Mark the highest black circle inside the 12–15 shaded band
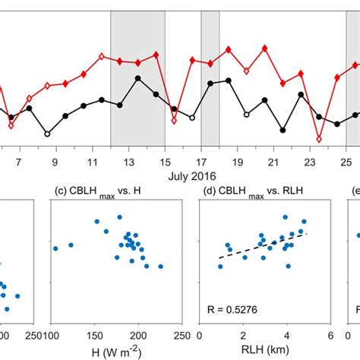pos(137,78)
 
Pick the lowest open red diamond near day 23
pos(319,140)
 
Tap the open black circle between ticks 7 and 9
pos(47,134)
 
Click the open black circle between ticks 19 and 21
pos(246,114)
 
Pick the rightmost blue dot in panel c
pos(161,267)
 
